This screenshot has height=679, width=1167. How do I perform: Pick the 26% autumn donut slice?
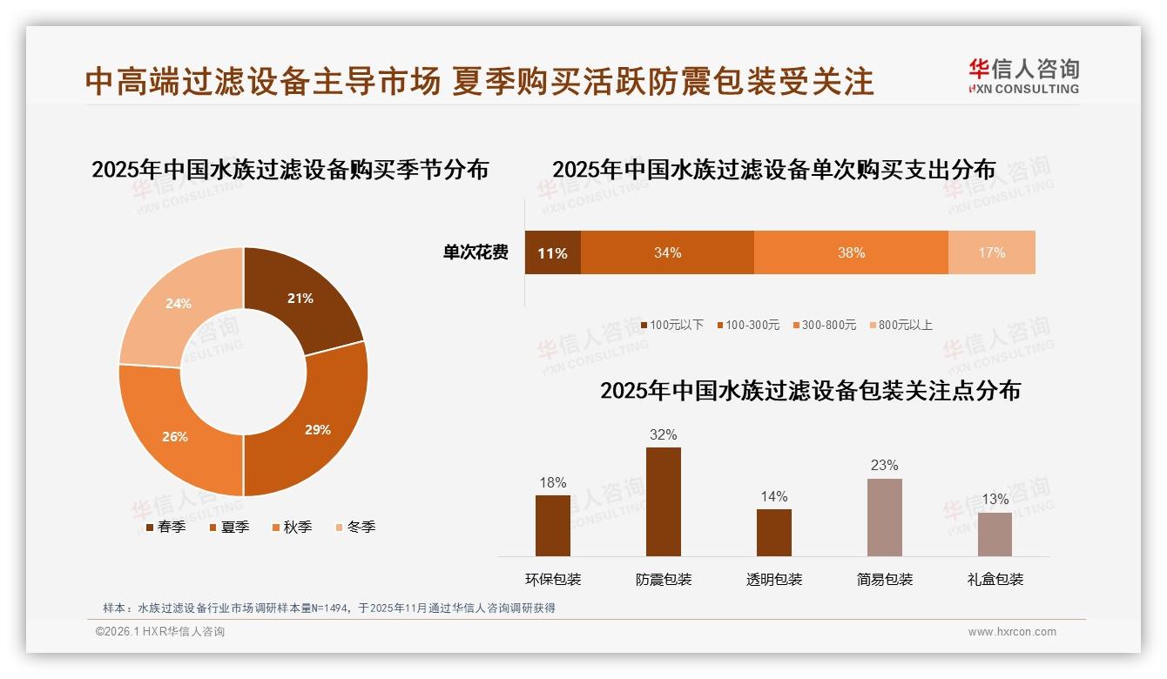tap(171, 435)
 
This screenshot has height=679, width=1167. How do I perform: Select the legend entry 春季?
tap(165, 527)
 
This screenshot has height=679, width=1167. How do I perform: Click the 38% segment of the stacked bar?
tap(851, 252)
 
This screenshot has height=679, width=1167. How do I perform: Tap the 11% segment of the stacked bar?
tap(552, 252)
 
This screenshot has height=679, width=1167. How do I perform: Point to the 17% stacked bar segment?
tap(991, 252)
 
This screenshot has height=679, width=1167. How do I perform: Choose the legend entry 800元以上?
tap(901, 325)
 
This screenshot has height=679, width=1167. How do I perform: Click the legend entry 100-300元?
tap(748, 325)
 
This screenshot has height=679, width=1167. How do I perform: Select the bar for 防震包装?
tap(664, 501)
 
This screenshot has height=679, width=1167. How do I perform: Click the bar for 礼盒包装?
tap(995, 534)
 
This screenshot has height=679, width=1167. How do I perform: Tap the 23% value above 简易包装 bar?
tap(884, 465)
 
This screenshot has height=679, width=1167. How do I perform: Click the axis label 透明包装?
tap(774, 579)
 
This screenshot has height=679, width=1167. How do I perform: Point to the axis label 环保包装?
tap(553, 579)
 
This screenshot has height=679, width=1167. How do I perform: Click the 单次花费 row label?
tap(476, 252)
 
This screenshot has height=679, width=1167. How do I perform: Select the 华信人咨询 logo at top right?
tap(1023, 76)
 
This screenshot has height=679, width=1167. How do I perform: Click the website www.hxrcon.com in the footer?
tap(1012, 632)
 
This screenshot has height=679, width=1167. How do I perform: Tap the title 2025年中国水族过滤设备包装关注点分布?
tap(810, 390)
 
